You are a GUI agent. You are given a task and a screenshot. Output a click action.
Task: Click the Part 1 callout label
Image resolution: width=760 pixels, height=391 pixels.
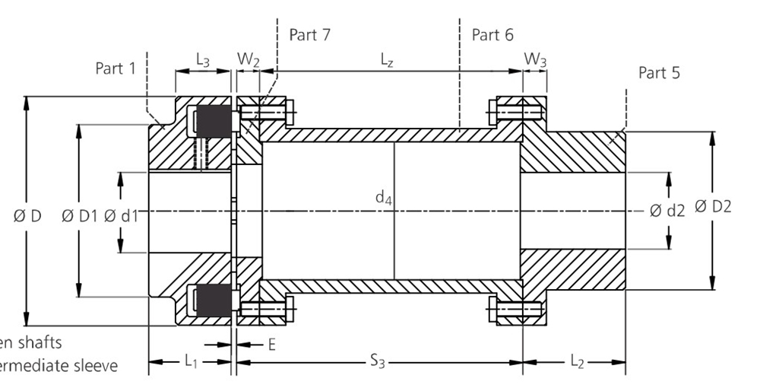coord(115,68)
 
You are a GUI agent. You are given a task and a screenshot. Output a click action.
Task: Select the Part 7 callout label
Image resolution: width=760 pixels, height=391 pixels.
coord(310,35)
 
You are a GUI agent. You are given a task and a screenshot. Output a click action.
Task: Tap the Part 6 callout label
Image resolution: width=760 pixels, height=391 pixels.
coord(492,35)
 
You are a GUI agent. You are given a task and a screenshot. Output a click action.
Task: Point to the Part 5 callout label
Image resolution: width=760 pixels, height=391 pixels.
coord(659,73)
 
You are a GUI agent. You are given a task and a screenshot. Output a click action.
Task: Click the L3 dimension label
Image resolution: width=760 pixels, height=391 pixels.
coord(203,59)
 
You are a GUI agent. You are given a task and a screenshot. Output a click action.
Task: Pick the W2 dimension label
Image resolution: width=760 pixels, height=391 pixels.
coord(248,59)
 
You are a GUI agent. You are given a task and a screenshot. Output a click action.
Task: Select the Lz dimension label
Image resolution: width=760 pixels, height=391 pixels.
coord(387,59)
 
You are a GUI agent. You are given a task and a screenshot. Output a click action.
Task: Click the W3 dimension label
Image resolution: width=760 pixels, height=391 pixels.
coord(535,59)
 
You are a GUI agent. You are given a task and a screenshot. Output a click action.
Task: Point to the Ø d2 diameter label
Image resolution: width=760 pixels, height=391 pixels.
coord(667,211)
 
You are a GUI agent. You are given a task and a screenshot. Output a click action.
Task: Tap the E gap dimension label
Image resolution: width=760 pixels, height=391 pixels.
coord(271,345)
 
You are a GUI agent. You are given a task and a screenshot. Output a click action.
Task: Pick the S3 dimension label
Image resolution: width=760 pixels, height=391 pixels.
coord(378,362)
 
